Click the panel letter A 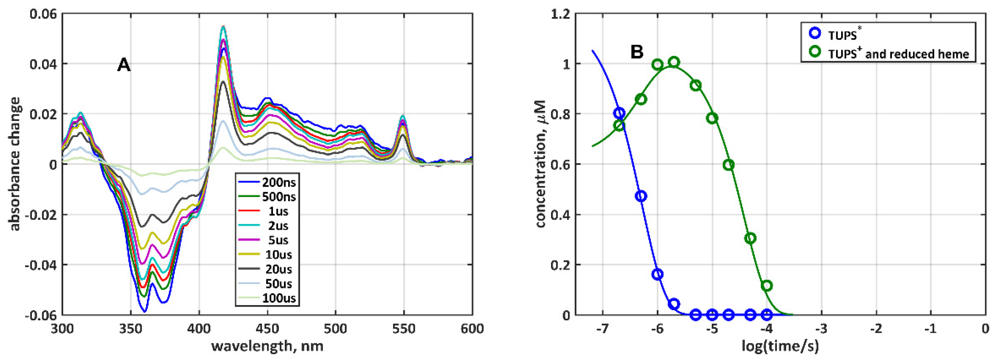[x=124, y=65]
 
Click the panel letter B [x=637, y=52]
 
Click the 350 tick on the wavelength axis [x=130, y=329]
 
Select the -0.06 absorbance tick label [x=40, y=315]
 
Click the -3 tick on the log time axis [x=821, y=329]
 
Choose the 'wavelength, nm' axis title [x=267, y=346]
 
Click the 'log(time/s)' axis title [x=780, y=346]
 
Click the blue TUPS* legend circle [x=815, y=33]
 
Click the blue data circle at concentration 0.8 [x=619, y=113]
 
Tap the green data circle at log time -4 [x=767, y=286]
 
